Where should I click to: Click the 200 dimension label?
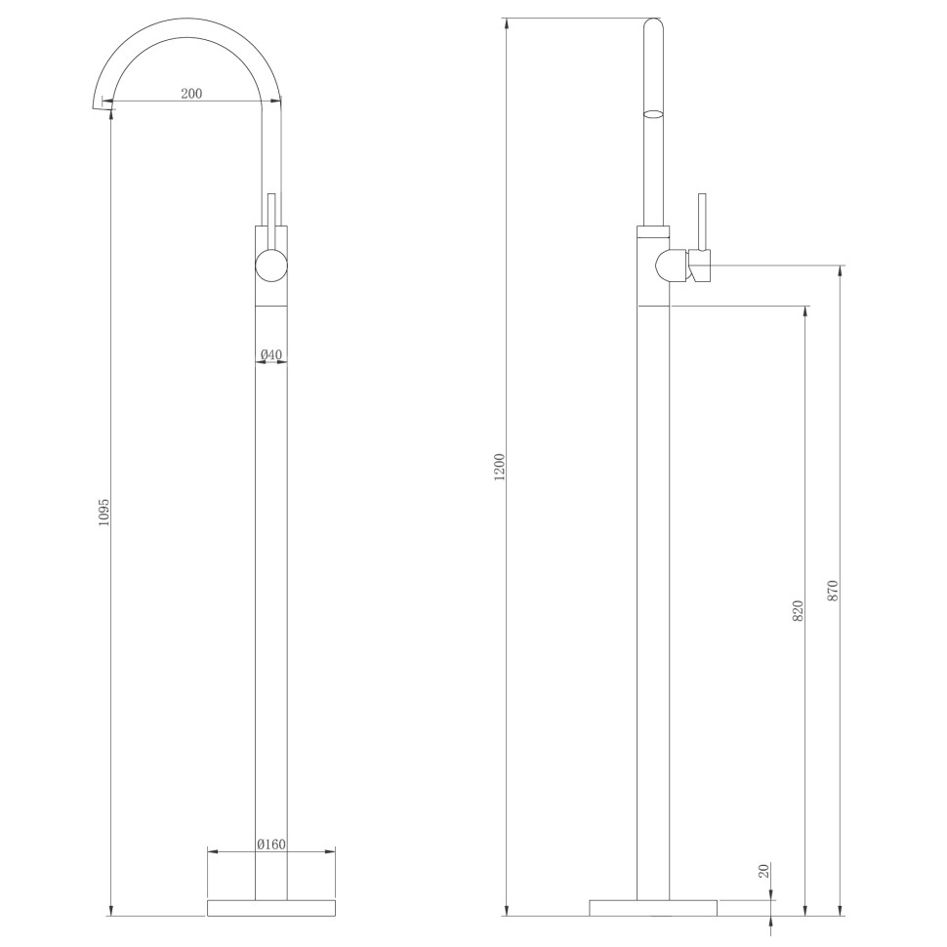tap(191, 94)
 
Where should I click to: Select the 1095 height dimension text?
tap(104, 514)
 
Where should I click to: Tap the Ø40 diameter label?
tap(271, 353)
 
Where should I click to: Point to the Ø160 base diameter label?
tap(271, 844)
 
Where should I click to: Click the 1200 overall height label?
tap(500, 467)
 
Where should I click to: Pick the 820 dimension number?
tap(798, 611)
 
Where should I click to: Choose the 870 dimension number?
tap(833, 590)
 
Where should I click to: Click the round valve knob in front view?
tap(271, 266)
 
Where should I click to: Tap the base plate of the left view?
tap(271, 907)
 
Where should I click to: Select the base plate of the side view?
tap(653, 907)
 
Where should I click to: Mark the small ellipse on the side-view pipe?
tap(653, 114)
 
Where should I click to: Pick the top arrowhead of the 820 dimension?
tap(805, 312)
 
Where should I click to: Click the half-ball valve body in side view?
tap(671, 266)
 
